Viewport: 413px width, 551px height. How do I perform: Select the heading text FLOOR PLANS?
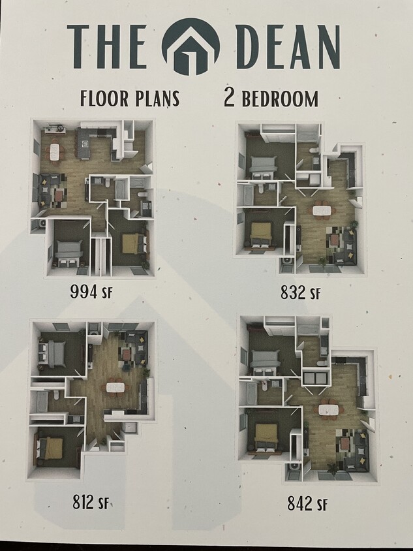click(x=129, y=99)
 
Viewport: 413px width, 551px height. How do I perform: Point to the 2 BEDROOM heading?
click(x=271, y=99)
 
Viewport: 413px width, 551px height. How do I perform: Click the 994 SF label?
click(x=91, y=291)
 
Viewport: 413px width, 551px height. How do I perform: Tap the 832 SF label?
click(x=302, y=292)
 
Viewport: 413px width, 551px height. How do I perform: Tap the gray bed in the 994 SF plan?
click(x=69, y=249)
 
